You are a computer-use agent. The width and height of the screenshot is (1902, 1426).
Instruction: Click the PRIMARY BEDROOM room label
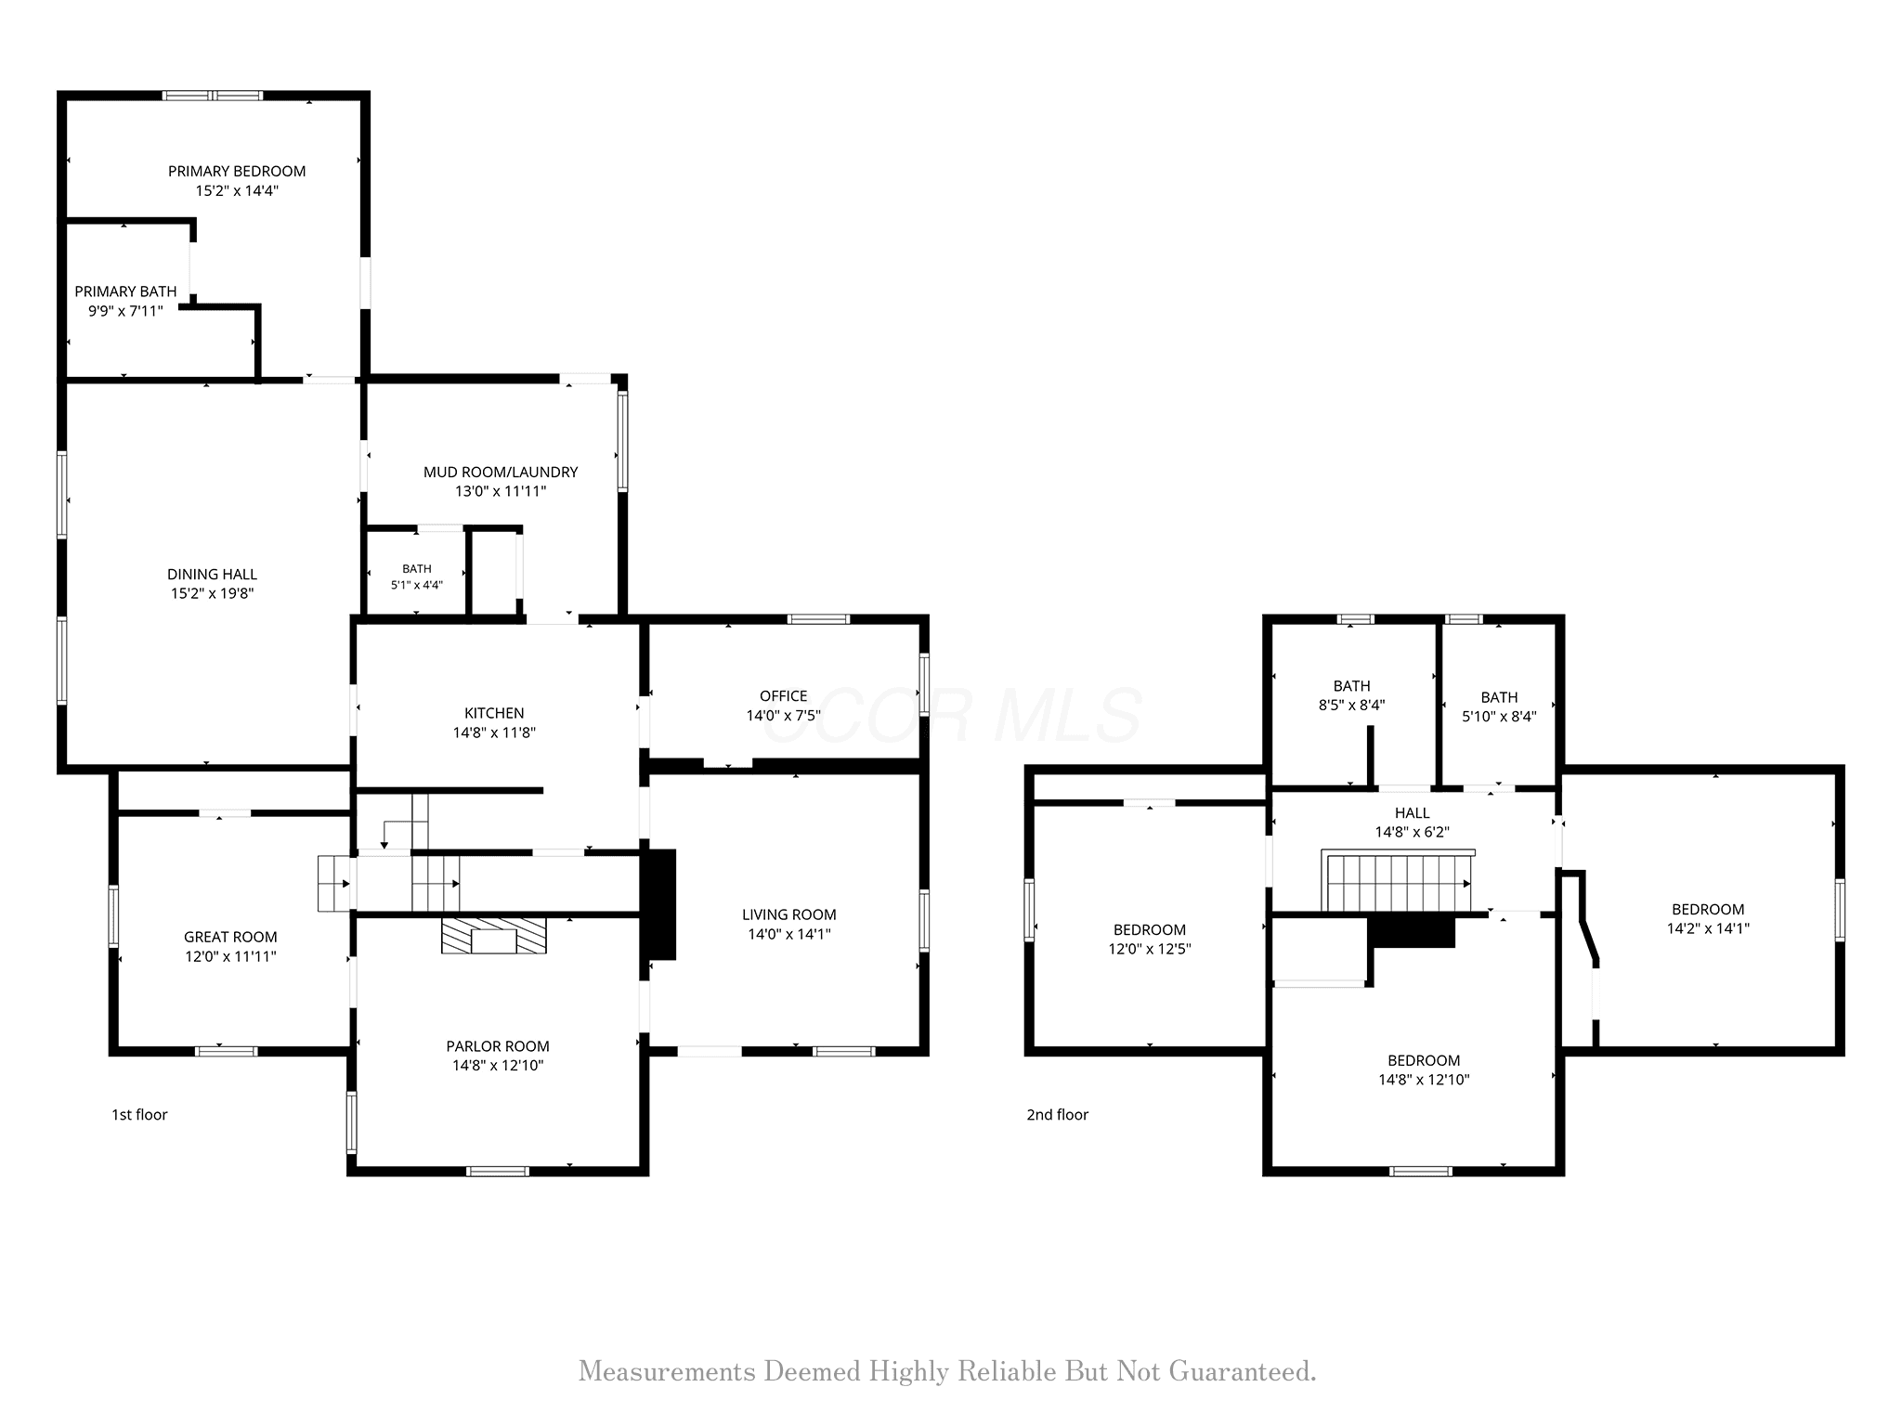pos(237,171)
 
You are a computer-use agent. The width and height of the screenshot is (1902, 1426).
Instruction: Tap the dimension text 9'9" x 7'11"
pos(125,311)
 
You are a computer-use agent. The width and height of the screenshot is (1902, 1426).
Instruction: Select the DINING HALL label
pos(212,574)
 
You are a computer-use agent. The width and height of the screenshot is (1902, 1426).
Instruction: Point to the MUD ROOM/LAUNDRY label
pos(501,472)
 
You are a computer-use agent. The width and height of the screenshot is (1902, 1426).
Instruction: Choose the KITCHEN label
pos(494,713)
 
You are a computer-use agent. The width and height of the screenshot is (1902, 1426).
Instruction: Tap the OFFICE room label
pos(783,695)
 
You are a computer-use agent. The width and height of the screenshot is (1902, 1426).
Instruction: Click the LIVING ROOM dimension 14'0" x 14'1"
pos(789,934)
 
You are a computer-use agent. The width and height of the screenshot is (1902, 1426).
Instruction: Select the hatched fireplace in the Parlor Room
pos(494,936)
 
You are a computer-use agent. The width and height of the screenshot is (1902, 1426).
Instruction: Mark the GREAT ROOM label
pos(230,937)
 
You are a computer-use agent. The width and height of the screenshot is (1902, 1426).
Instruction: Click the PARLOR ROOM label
pos(498,1046)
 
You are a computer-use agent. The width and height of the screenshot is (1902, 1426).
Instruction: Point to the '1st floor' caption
pos(139,1114)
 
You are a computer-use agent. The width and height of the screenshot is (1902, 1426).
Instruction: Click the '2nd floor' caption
pos(1057,1114)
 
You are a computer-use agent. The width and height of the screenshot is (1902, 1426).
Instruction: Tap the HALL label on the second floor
pos(1412,813)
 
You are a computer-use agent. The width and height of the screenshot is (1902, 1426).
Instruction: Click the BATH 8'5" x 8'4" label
pos(1351,695)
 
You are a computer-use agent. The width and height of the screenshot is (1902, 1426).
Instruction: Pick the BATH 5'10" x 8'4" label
pos(1499,707)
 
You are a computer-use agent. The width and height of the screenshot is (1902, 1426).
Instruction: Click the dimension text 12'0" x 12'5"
pos(1150,949)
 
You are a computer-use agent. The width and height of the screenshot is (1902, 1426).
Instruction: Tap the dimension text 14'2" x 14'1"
pos(1708,927)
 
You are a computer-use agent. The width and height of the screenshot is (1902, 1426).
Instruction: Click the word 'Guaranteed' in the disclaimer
pos(1243,1371)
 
